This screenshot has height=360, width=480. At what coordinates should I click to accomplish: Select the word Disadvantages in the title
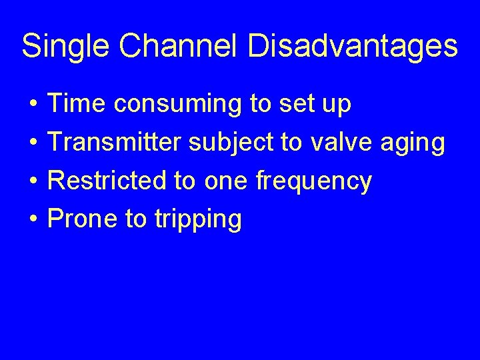(x=353, y=47)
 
